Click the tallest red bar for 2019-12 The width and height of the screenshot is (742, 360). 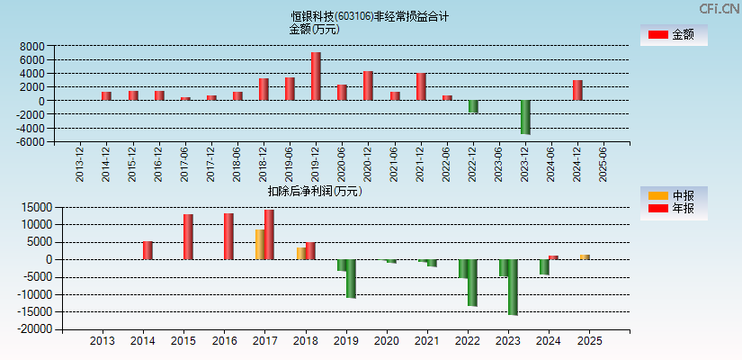(x=316, y=76)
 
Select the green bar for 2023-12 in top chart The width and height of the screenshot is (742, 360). (x=525, y=117)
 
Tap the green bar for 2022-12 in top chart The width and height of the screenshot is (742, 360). (x=473, y=106)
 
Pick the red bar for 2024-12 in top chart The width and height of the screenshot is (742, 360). (x=577, y=90)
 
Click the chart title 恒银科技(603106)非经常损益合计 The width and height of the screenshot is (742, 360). (x=370, y=16)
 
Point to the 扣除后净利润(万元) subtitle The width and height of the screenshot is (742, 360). (x=315, y=191)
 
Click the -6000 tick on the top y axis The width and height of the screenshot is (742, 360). (x=31, y=141)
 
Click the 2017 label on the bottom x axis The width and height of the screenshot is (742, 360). (x=264, y=341)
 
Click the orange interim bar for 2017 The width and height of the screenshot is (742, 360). (x=259, y=245)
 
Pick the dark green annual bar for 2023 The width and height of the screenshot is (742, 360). (x=513, y=287)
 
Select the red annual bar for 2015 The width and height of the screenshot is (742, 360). (x=188, y=237)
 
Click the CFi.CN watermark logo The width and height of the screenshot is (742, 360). (x=710, y=8)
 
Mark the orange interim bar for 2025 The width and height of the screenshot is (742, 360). (x=585, y=256)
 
